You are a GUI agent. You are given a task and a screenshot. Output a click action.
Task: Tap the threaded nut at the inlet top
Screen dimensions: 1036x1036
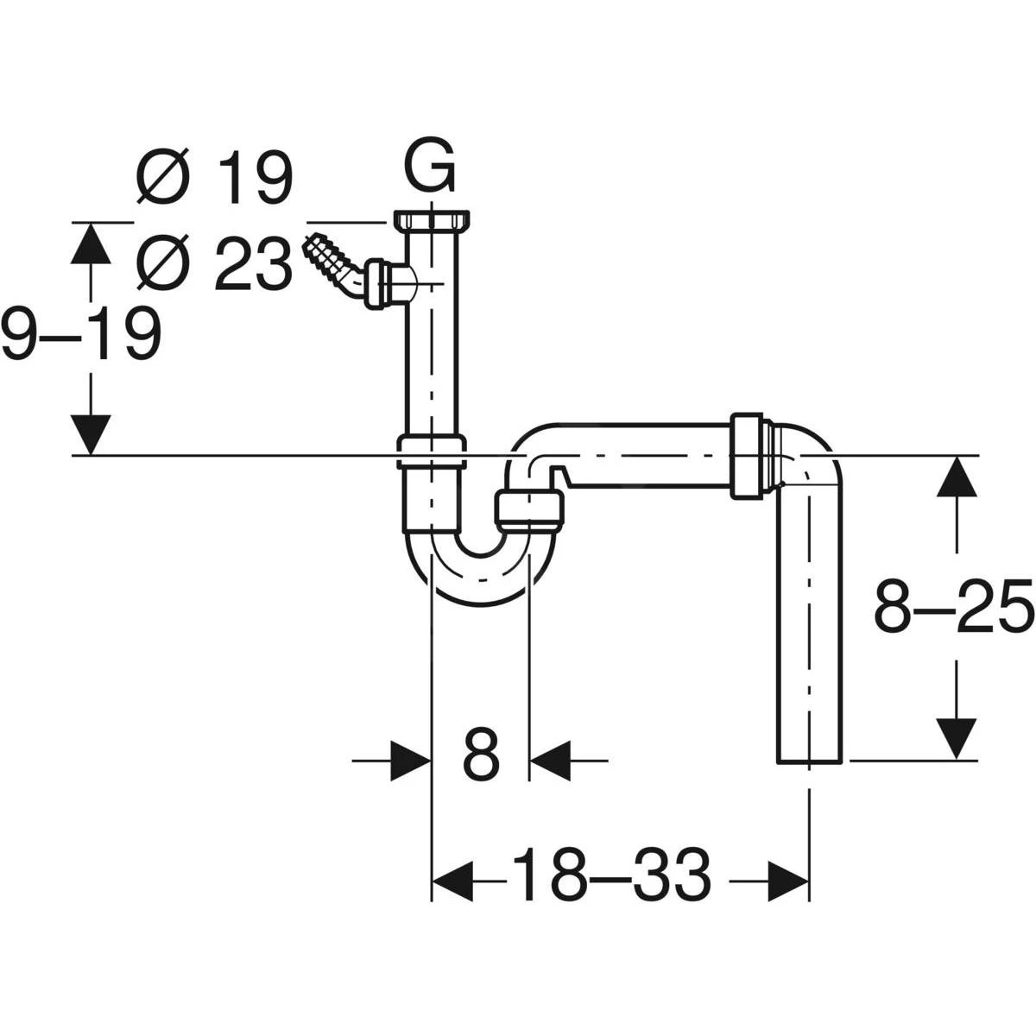click(x=433, y=220)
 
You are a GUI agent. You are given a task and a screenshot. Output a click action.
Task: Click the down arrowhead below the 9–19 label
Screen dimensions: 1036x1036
click(x=90, y=433)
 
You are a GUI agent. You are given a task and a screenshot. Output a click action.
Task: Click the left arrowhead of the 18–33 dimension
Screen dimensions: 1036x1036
click(x=452, y=881)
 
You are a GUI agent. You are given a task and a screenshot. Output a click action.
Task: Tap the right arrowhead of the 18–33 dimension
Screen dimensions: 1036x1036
click(x=789, y=881)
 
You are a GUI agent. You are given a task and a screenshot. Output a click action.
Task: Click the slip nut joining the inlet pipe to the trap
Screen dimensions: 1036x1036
click(x=432, y=452)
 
